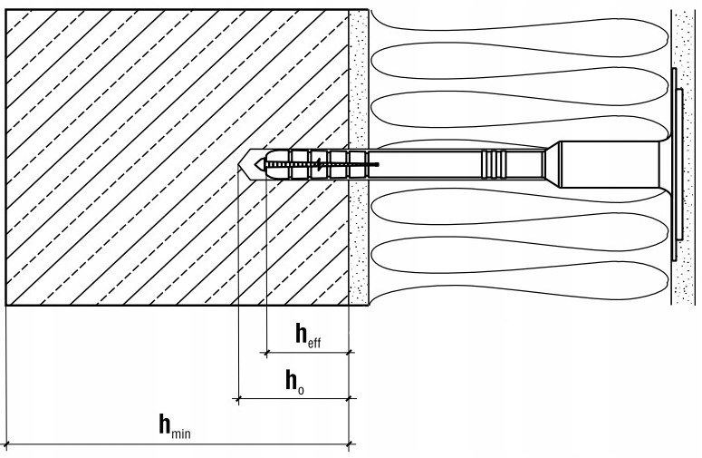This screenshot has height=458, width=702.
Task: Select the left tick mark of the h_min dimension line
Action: [6, 444]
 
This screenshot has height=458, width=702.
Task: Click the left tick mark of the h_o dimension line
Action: [238, 397]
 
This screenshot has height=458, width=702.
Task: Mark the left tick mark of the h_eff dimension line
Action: [266, 350]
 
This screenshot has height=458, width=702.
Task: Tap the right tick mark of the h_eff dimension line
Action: [351, 350]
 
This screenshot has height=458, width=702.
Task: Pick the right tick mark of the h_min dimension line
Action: [351, 444]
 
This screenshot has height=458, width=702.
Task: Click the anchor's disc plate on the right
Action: [676, 163]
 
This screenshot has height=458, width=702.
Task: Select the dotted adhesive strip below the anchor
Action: [359, 245]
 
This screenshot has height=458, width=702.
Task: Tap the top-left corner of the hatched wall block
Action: [6, 12]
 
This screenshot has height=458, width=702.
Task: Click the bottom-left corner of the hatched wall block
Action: [6, 304]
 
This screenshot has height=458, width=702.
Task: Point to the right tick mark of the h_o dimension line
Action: [351, 397]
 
